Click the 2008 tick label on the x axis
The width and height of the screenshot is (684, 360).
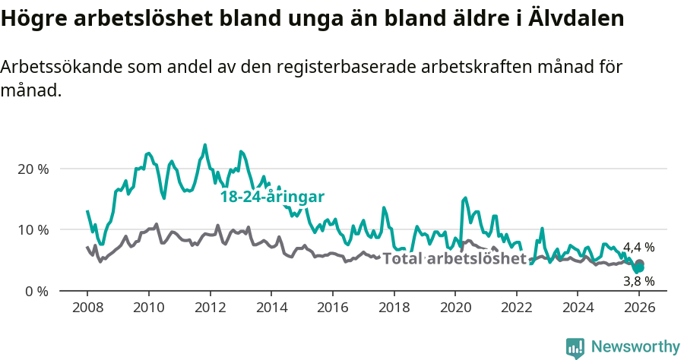[x=87, y=308]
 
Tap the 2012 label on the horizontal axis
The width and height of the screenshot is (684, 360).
[x=210, y=308]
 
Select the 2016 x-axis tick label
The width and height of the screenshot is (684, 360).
[x=332, y=308]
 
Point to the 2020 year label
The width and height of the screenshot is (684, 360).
[x=454, y=308]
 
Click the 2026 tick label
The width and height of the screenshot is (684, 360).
[x=638, y=308]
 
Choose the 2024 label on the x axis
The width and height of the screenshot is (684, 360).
[x=577, y=308]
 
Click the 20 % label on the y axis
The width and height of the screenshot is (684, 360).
[x=33, y=169]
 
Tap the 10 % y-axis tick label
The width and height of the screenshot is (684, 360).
[x=33, y=229]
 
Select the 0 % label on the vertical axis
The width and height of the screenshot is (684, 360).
[x=36, y=291]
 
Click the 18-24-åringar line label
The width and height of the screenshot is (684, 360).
[x=272, y=197]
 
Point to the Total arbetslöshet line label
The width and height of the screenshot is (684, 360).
[x=454, y=259]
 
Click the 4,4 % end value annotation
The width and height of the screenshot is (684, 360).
[x=638, y=248]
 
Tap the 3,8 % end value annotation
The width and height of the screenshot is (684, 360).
[x=638, y=281]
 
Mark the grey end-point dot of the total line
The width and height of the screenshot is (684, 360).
[x=639, y=264]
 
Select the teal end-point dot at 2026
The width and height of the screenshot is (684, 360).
[x=639, y=268]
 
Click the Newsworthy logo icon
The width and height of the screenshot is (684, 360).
[x=575, y=347]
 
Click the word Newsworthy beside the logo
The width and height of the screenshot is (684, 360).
[x=635, y=347]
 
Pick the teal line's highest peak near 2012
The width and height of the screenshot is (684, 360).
[x=204, y=144]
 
